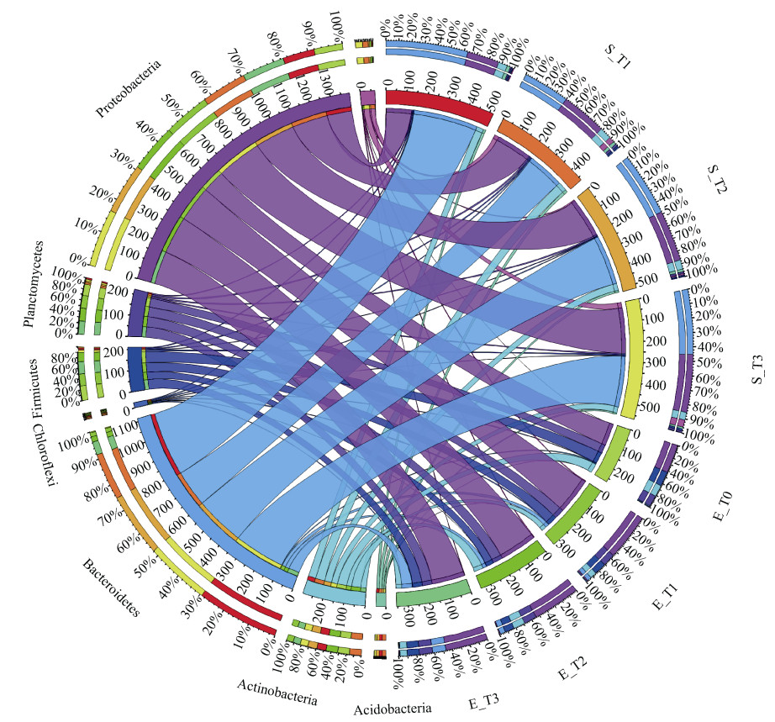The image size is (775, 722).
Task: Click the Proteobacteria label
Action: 128,88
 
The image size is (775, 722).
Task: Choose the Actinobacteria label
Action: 277,687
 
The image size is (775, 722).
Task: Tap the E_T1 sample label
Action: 667,595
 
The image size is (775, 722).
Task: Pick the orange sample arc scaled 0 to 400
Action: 538,152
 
